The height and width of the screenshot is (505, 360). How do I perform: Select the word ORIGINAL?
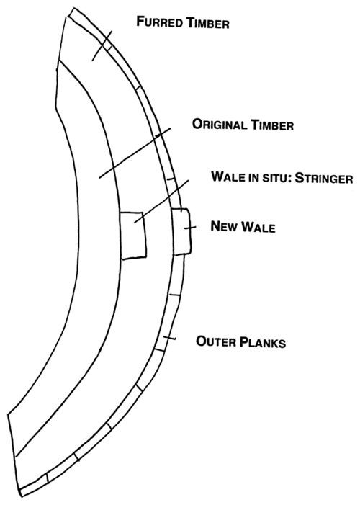pyautogui.click(x=220, y=124)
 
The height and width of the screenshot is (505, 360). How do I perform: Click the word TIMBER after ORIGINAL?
pyautogui.click(x=272, y=125)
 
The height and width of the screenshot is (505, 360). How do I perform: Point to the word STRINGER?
pyautogui.click(x=324, y=178)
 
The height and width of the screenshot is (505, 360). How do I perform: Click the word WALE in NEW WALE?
pyautogui.click(x=258, y=227)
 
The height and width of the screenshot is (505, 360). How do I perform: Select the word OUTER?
pyautogui.click(x=216, y=341)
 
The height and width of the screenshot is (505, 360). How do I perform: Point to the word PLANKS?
pyautogui.click(x=263, y=342)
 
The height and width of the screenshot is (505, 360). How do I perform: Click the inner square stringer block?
pyautogui.click(x=133, y=236)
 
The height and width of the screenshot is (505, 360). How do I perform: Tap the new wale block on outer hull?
pyautogui.click(x=182, y=231)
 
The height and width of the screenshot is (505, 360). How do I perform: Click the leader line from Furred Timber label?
pyautogui.click(x=102, y=45)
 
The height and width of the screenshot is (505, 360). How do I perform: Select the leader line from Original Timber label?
pyautogui.click(x=135, y=153)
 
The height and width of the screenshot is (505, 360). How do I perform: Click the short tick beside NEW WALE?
pyautogui.click(x=190, y=228)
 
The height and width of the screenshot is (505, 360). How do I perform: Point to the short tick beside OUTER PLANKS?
pyautogui.click(x=169, y=338)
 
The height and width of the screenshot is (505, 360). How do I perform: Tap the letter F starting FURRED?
pyautogui.click(x=140, y=22)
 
